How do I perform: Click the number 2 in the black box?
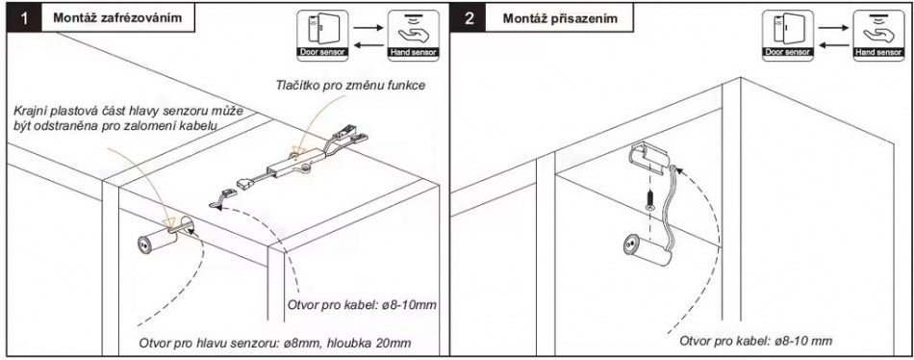[470, 18]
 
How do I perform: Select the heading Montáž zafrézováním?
[117, 17]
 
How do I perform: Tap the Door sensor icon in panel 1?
[322, 36]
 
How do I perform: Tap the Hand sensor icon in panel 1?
[414, 36]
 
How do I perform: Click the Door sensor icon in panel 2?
[788, 36]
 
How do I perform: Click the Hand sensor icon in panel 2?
[878, 36]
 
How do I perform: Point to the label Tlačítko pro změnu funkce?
[350, 85]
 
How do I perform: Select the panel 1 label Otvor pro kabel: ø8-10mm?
[362, 305]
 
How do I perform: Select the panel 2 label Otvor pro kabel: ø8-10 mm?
[755, 341]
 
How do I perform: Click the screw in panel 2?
[649, 202]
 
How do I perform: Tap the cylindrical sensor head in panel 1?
[159, 238]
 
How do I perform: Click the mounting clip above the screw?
[650, 158]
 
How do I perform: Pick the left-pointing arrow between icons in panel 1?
[368, 45]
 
